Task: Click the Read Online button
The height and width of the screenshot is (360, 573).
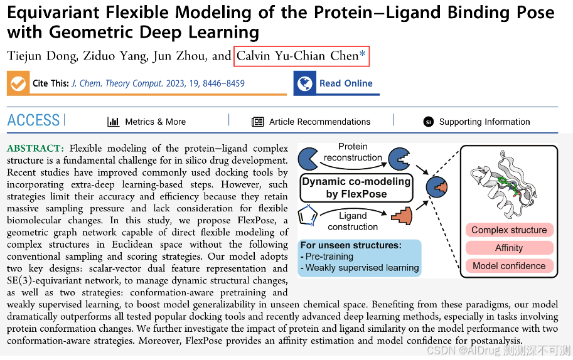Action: tap(337, 83)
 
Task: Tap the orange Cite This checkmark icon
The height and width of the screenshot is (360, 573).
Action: tap(18, 83)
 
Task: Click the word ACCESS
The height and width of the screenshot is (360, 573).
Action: tap(33, 120)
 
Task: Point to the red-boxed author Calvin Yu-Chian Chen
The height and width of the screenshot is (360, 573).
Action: tap(301, 56)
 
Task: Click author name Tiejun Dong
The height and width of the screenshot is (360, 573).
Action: tap(42, 56)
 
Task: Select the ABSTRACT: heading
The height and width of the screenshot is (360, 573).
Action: tap(35, 149)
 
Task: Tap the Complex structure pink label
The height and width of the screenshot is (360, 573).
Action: tap(509, 230)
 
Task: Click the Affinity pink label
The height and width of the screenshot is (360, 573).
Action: tap(509, 248)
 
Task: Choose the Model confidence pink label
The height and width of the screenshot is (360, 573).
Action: tap(509, 265)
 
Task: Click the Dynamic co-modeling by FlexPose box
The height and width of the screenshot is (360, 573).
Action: tap(356, 188)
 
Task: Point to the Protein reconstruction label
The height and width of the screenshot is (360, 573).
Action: tap(353, 152)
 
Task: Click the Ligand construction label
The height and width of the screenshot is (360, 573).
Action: tap(353, 221)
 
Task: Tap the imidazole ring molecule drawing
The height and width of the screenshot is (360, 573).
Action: tap(308, 216)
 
